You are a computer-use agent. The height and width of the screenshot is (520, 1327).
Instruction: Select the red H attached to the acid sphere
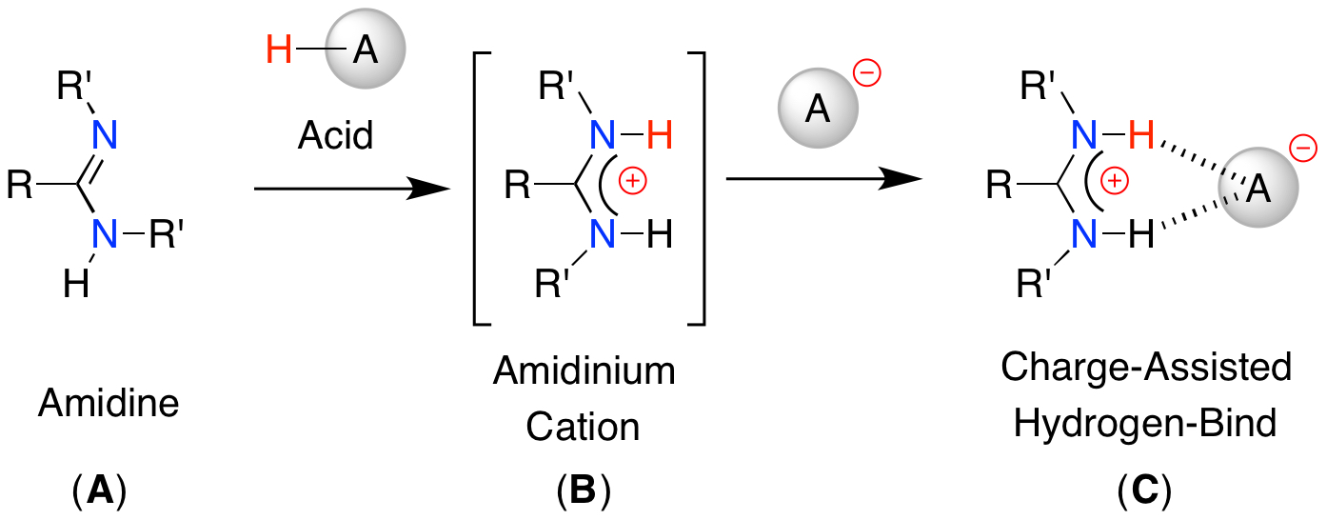[x=278, y=49]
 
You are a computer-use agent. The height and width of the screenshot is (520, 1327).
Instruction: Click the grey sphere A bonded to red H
[x=365, y=51]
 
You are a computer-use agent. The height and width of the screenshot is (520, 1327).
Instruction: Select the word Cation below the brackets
[x=584, y=427]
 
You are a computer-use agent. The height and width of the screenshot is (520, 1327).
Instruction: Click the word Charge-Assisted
[x=1145, y=367]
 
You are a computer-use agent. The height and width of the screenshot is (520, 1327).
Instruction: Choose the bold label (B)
[x=583, y=491]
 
